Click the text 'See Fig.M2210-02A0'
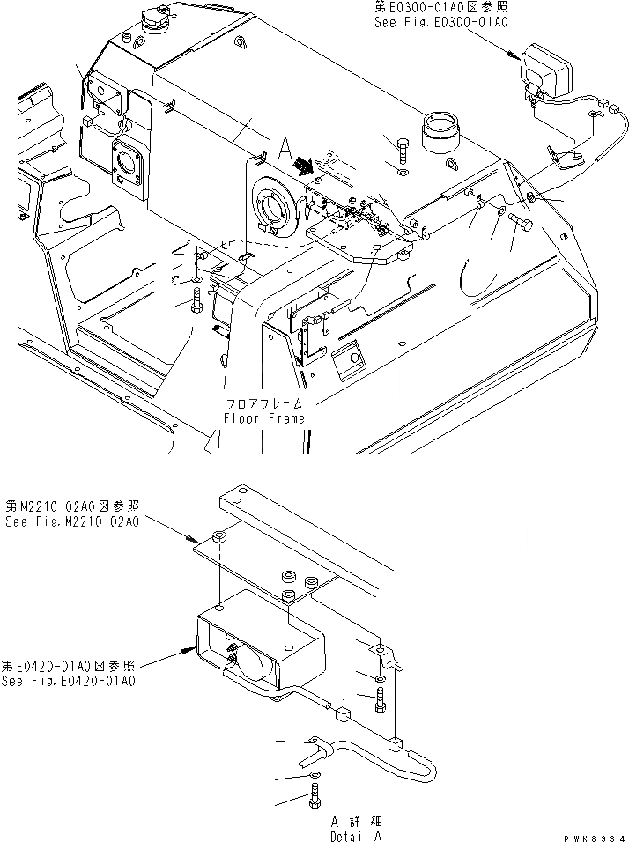(x=70, y=522)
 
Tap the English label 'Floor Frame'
(x=264, y=418)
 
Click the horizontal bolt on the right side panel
(x=522, y=223)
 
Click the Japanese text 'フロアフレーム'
(x=264, y=404)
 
